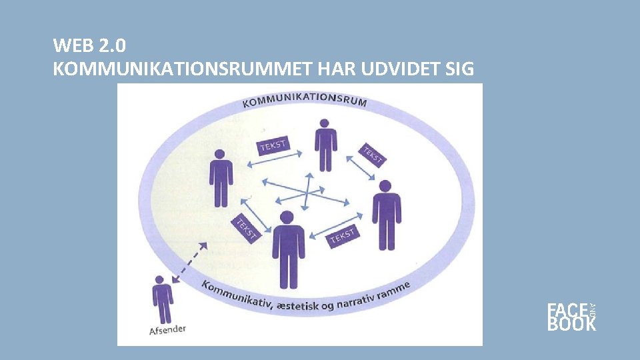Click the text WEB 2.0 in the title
point(89,46)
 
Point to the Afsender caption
point(167,329)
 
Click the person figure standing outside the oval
point(162,299)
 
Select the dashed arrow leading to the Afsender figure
point(189,263)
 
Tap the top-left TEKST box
point(273,145)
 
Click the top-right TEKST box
point(372,155)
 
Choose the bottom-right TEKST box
point(342,236)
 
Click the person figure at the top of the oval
point(325,145)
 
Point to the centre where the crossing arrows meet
point(306,192)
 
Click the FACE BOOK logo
point(571,317)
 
